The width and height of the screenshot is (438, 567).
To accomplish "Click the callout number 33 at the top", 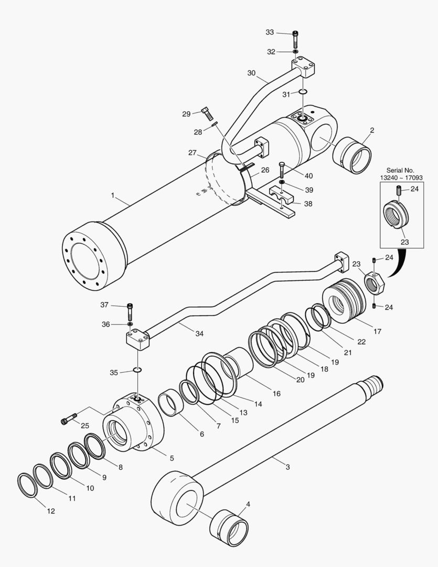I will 270,32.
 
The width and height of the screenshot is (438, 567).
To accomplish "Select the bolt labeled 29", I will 206,112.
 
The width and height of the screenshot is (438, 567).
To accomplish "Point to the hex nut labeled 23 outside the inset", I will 375,284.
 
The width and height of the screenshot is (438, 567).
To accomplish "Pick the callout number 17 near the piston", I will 377,331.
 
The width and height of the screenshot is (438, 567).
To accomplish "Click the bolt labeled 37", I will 130,312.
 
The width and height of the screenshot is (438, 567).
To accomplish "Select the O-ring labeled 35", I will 137,370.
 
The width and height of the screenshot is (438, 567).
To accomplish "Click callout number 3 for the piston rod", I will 287,466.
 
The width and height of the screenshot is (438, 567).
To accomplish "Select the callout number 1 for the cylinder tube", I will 112,195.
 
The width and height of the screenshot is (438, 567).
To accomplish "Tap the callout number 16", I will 276,393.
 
